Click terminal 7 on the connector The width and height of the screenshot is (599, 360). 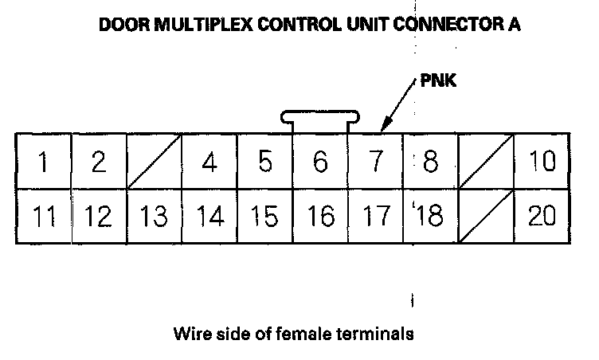pos(375,161)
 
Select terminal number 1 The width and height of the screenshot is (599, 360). pos(43,161)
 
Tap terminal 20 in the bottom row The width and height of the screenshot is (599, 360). pos(542,216)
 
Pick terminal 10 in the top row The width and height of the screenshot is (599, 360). pos(542,161)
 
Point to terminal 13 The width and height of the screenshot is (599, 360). pos(154,216)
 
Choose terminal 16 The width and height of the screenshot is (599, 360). pos(320,216)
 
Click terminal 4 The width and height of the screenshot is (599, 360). pos(209,161)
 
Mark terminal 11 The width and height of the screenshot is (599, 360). pos(43,216)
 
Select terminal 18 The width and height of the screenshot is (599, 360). pos(430,216)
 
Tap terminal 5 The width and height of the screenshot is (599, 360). pos(265,161)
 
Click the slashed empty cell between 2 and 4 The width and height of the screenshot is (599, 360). pos(154,161)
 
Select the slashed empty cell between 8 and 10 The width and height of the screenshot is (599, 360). pos(486,161)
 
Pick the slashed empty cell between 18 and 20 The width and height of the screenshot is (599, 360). pos(486,216)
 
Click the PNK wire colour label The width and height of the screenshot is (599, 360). pos(438,81)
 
